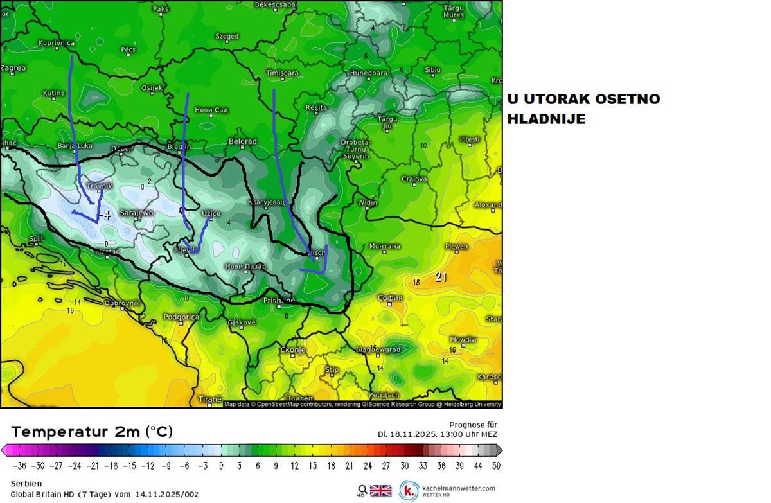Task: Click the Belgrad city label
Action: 243,141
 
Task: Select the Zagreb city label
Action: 13,68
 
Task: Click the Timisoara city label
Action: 282,73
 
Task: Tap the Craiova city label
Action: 414,179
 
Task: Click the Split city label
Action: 36,239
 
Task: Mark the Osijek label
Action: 152,88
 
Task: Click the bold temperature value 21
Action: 441,278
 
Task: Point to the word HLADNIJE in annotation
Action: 546,119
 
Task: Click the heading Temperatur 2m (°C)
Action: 92,432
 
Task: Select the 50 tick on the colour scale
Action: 496,466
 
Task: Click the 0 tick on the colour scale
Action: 221,466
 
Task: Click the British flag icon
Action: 380,491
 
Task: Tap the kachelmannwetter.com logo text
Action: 458,488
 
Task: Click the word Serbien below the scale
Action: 26,483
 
